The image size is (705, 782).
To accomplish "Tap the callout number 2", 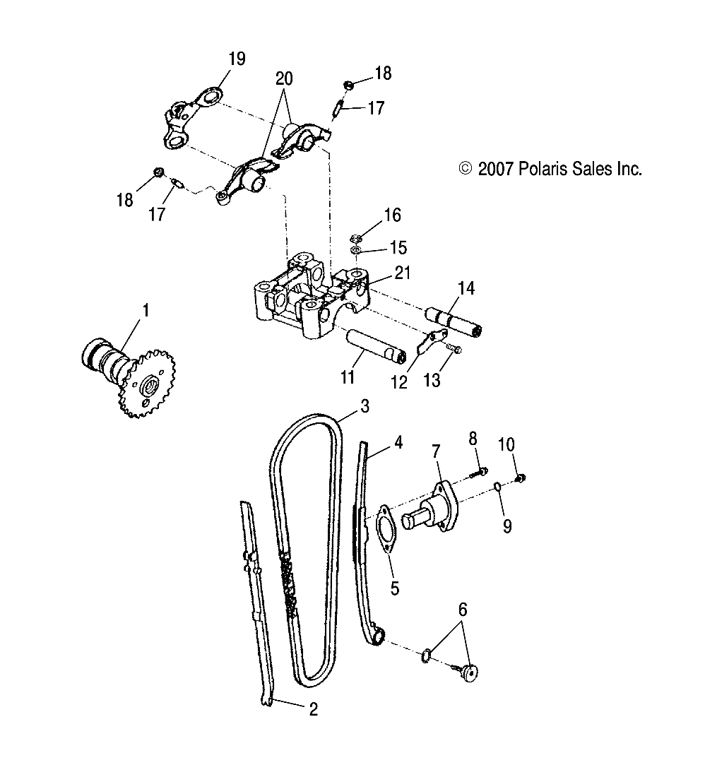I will tap(312, 709).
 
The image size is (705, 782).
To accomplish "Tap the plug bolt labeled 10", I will tap(522, 478).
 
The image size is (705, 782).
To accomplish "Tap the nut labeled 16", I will tap(357, 237).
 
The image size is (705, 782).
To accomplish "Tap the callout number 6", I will tap(463, 609).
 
